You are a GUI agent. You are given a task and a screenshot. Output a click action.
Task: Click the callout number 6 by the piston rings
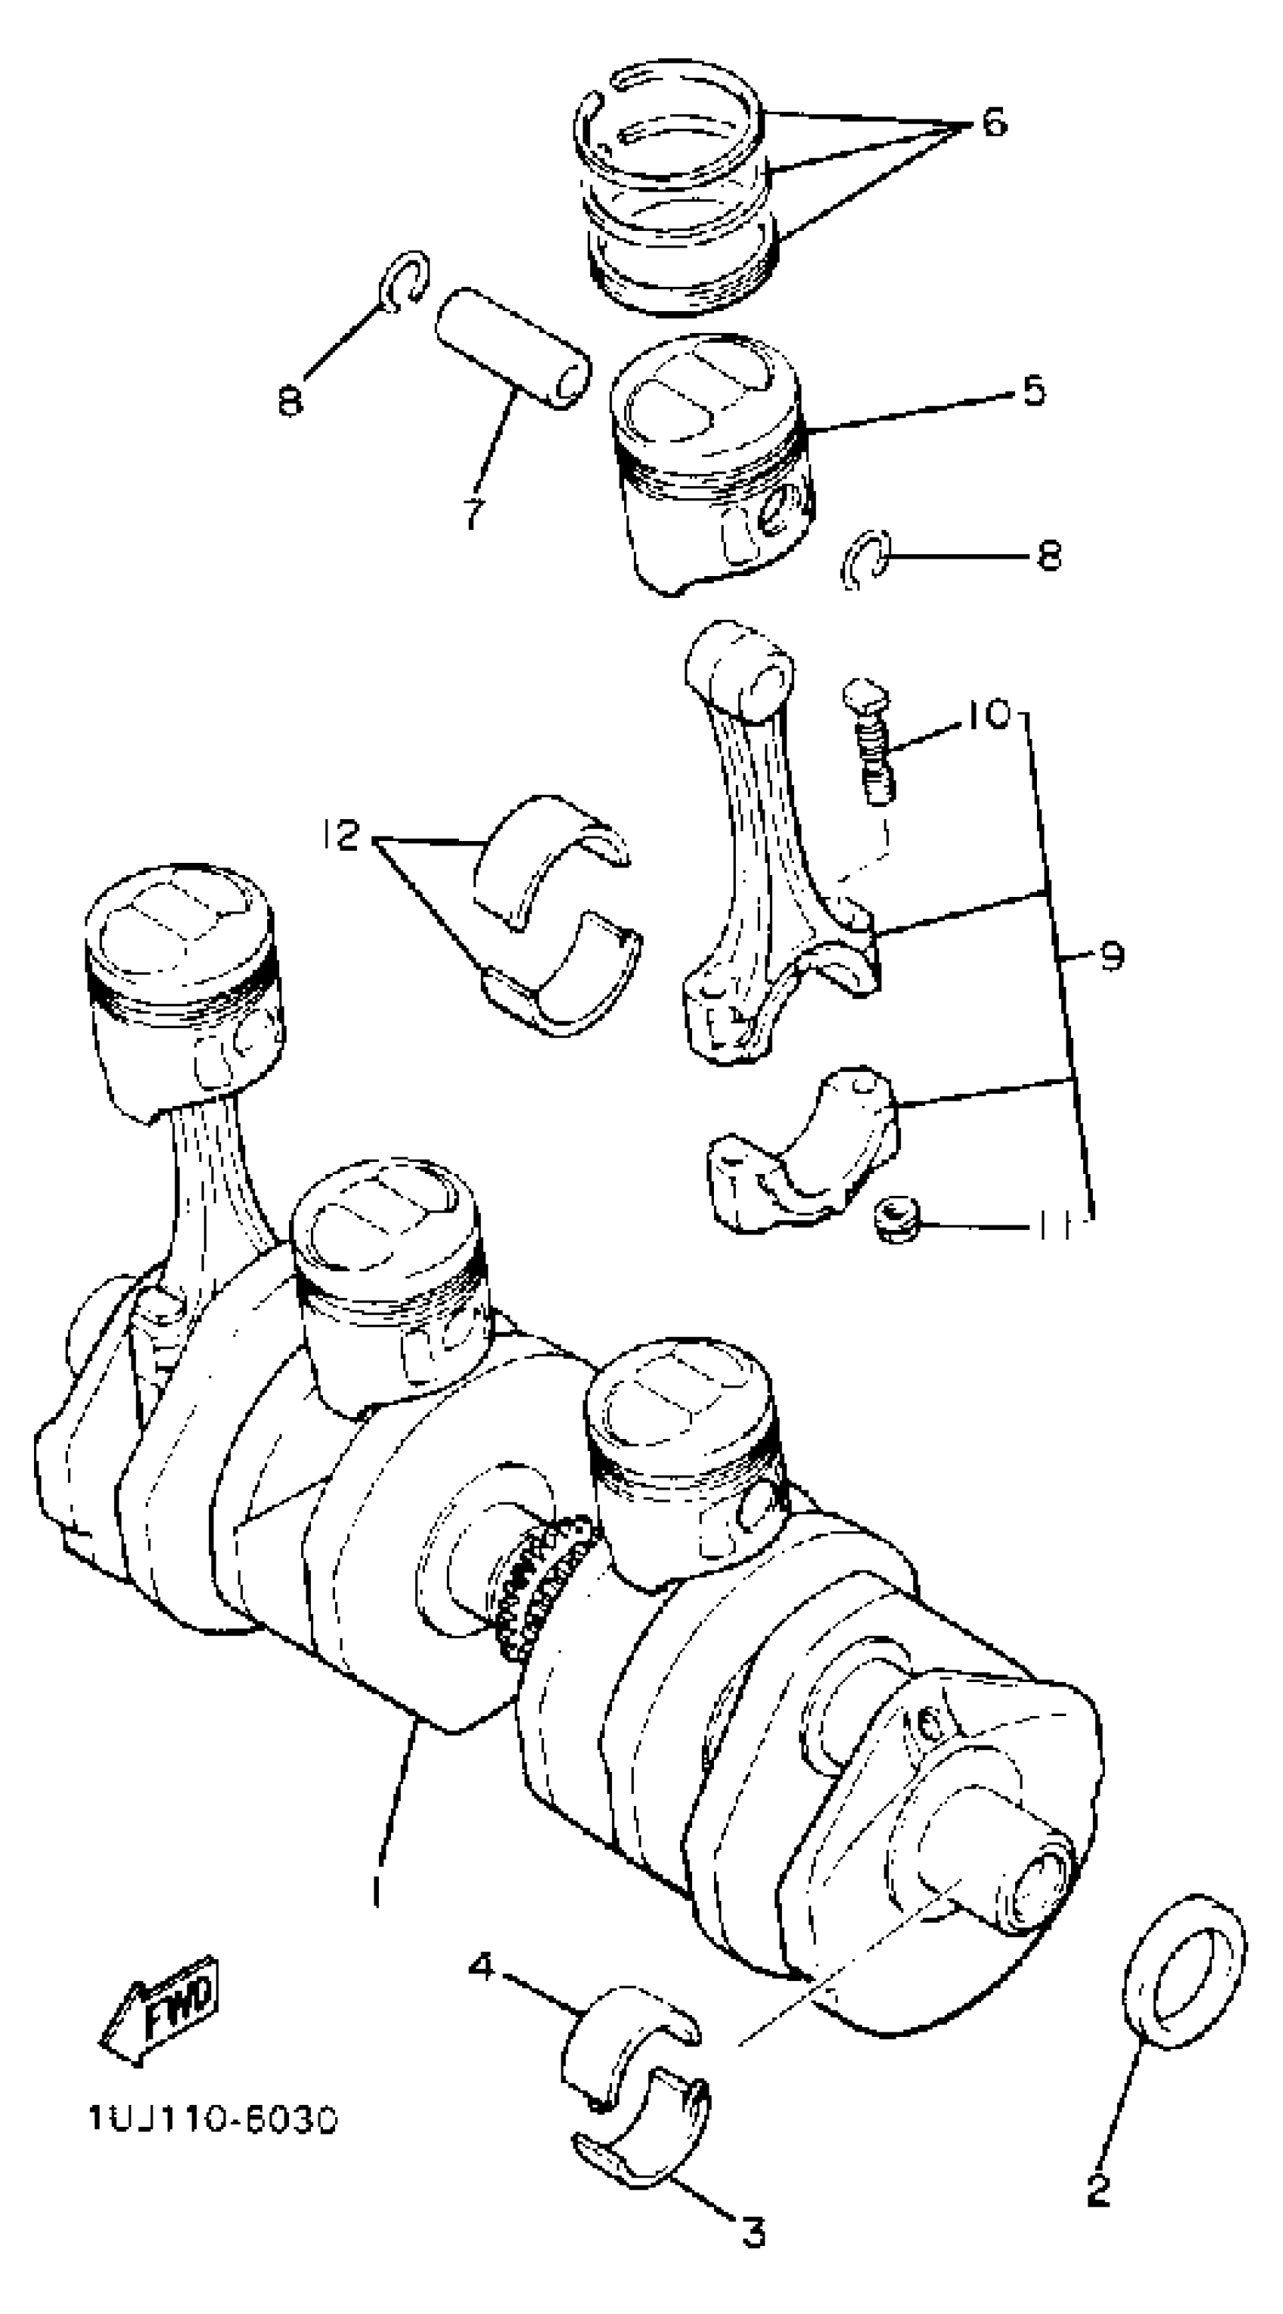point(993,122)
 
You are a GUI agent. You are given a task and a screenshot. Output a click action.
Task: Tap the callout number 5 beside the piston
point(1033,391)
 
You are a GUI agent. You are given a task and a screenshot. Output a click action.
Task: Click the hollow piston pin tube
point(512,349)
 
